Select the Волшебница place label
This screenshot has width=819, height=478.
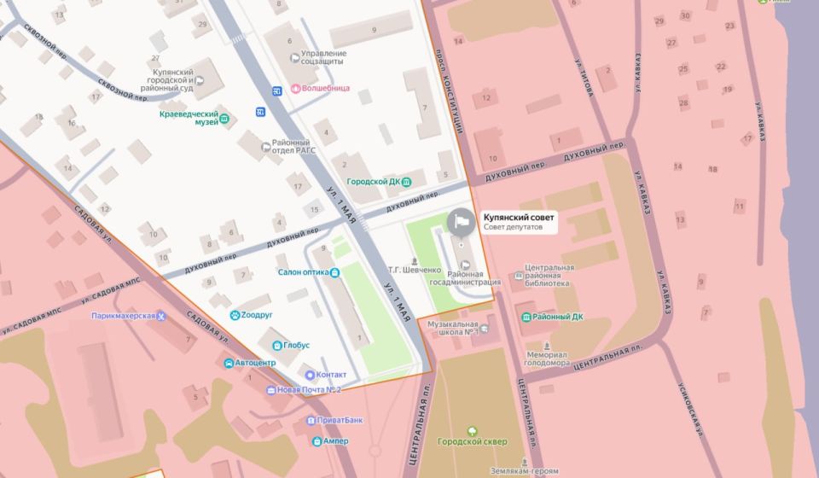click(x=320, y=88)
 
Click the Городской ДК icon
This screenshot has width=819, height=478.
click(x=407, y=182)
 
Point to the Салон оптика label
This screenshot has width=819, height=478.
click(x=302, y=272)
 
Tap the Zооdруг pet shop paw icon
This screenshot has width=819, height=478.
click(x=234, y=315)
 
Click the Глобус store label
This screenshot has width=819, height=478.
click(x=296, y=345)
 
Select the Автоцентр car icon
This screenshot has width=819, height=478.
click(x=228, y=363)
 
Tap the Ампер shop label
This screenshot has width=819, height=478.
click(x=336, y=441)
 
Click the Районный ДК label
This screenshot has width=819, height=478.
click(x=561, y=317)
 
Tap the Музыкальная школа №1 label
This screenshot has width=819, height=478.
click(x=453, y=329)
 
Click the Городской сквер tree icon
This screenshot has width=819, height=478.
click(x=472, y=430)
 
